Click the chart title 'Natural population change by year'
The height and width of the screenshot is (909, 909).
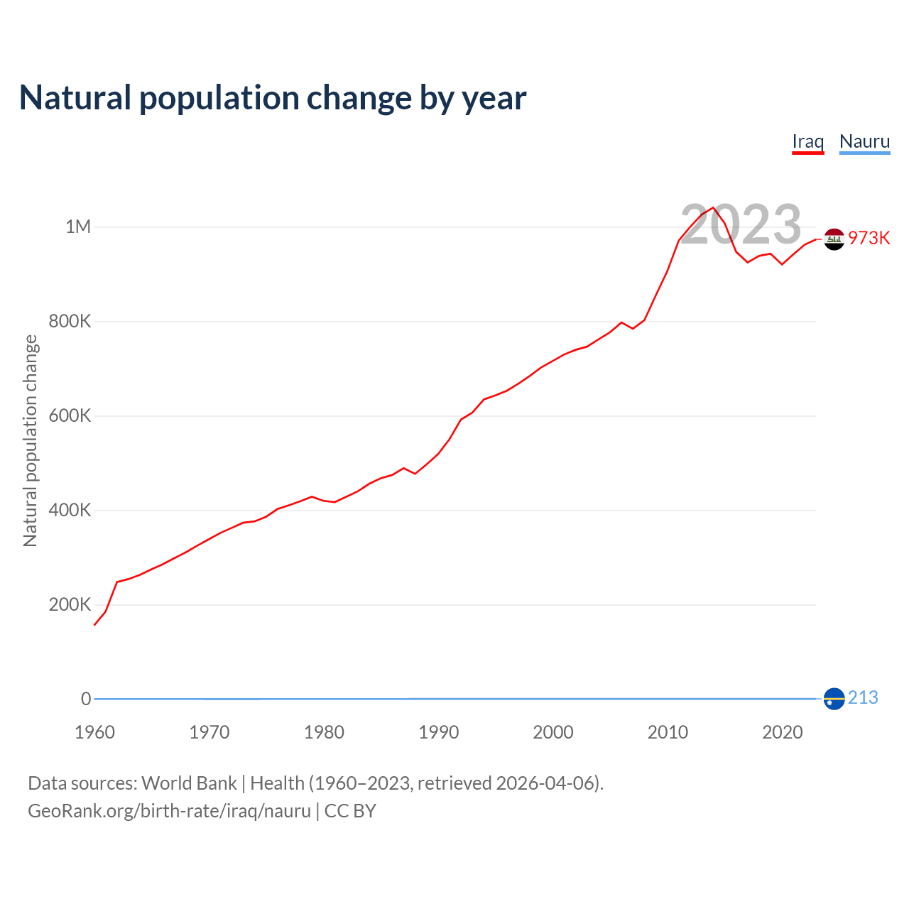(273, 98)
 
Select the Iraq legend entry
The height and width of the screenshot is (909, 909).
(807, 141)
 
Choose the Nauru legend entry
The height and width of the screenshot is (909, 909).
(864, 141)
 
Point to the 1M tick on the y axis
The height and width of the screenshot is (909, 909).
(78, 227)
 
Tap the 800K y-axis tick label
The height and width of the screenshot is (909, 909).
(70, 322)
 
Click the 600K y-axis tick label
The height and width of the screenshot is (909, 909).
(70, 416)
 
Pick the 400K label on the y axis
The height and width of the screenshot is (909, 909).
(70, 511)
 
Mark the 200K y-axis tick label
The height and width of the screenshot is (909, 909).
(70, 605)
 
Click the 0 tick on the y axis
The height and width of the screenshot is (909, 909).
(86, 699)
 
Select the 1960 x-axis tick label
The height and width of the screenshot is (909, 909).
(94, 732)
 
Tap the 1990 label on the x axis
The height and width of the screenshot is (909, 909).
(438, 732)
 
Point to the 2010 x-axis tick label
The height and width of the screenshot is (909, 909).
(668, 732)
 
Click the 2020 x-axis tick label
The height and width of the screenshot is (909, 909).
(782, 732)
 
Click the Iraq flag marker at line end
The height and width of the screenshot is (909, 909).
(834, 239)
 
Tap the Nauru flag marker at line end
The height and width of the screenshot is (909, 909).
(834, 699)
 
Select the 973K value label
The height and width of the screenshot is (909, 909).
(869, 239)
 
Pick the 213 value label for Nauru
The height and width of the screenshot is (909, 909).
(863, 698)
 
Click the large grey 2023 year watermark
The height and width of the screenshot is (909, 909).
(741, 224)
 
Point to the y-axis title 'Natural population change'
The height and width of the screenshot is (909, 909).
(31, 440)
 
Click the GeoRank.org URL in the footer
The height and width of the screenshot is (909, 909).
(169, 811)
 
